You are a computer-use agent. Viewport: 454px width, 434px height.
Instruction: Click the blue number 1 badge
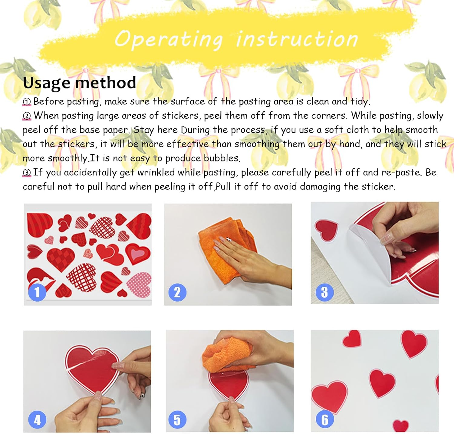(x=37, y=292)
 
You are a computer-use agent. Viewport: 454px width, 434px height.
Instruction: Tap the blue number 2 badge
(x=177, y=292)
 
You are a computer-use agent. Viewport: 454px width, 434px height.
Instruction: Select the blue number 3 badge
(x=324, y=292)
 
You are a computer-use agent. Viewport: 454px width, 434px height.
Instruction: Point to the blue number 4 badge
(x=37, y=420)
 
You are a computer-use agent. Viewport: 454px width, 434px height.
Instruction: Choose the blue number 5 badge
(x=177, y=420)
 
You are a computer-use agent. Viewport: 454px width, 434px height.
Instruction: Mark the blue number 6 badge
(x=325, y=420)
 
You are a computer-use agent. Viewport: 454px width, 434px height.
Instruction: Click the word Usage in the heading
(x=46, y=83)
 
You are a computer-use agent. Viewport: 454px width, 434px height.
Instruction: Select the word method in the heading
(x=106, y=82)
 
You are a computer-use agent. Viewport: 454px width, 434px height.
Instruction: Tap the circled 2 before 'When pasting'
(x=27, y=116)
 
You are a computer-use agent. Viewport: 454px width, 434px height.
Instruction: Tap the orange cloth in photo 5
(x=227, y=354)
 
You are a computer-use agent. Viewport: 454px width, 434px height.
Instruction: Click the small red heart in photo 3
(x=326, y=230)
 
